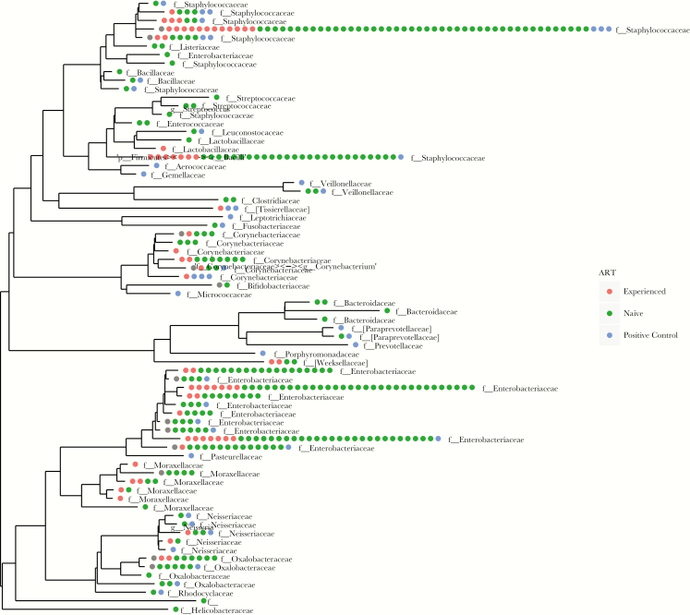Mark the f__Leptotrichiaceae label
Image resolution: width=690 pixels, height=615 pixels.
click(x=271, y=218)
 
